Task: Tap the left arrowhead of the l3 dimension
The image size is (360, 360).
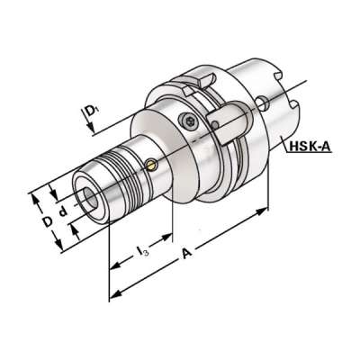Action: [113, 268]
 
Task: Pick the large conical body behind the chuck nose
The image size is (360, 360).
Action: [166, 144]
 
